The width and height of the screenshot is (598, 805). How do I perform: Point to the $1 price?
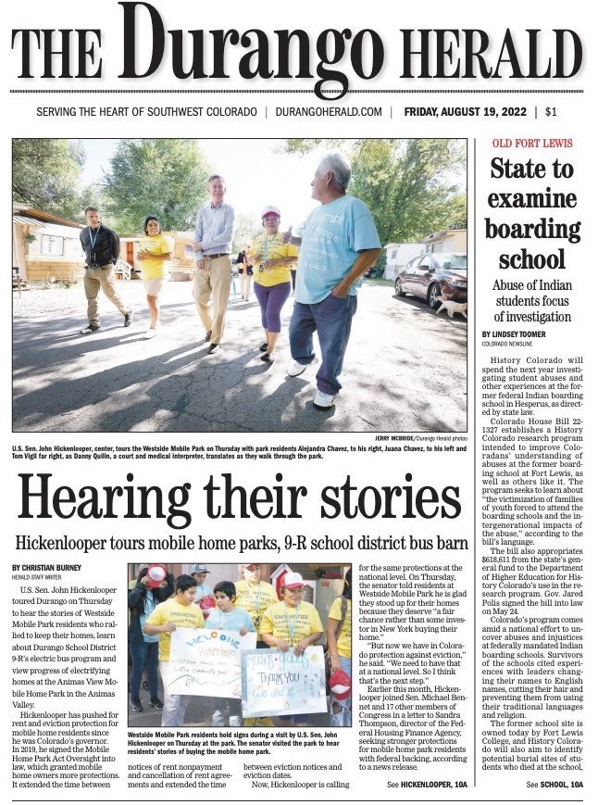point(551,112)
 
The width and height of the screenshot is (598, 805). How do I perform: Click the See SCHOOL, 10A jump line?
point(554,785)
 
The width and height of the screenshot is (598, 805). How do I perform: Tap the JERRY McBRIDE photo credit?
point(401,437)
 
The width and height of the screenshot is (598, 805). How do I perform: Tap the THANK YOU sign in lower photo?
point(283,681)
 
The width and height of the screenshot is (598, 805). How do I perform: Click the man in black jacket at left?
point(100,264)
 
